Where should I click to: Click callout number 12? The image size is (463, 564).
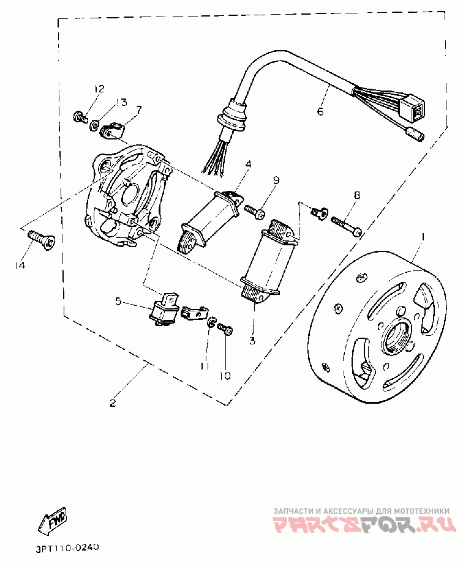[99, 90]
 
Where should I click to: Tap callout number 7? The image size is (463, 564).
[138, 111]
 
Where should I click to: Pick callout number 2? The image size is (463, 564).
[113, 403]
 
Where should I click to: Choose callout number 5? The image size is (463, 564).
[119, 300]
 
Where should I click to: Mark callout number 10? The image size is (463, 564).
[225, 375]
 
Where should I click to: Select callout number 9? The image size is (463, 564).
[276, 180]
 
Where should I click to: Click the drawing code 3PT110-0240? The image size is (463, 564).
[64, 547]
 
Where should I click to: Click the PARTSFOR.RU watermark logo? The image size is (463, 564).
[364, 524]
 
